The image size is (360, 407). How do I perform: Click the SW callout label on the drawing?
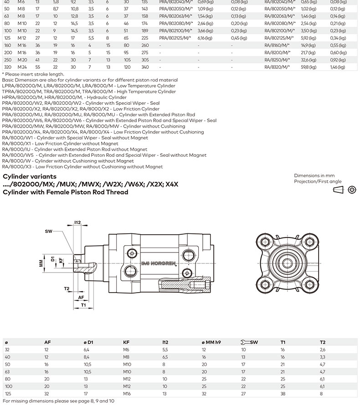[x=49, y=232]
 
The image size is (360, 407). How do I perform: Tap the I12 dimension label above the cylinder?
[x=77, y=222]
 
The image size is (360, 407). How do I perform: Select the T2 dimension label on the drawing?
[x=67, y=289]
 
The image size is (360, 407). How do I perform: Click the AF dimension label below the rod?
[x=81, y=297]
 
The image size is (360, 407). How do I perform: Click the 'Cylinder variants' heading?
[x=30, y=176]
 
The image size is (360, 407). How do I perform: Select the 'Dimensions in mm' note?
[x=314, y=175]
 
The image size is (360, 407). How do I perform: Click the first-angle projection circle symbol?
[x=352, y=190]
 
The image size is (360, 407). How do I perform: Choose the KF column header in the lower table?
[x=126, y=342]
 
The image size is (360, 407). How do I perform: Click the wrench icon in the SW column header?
[x=245, y=342]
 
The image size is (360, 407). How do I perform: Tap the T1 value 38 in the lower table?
[x=283, y=393]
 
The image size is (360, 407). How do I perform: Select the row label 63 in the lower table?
[x=7, y=371]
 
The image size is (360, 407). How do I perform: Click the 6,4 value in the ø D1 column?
[x=86, y=350]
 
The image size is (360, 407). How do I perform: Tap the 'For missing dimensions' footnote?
[x=58, y=401]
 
